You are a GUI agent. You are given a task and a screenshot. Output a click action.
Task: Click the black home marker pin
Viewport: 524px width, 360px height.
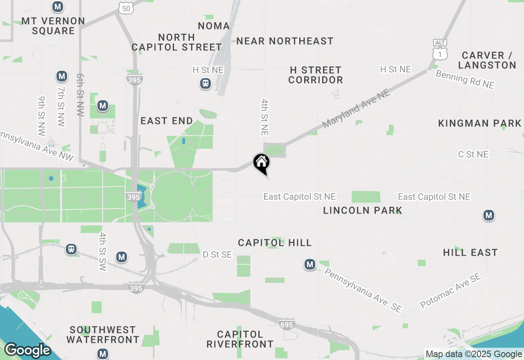pos(262,163)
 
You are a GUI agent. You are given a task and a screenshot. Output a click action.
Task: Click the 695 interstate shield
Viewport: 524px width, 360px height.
pos(287,324)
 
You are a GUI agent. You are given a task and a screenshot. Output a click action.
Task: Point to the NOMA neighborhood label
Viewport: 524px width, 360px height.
pos(214,26)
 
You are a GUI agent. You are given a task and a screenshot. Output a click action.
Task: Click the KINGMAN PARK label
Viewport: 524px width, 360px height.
pos(480,123)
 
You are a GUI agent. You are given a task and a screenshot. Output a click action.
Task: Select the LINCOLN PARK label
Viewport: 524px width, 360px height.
pos(363,210)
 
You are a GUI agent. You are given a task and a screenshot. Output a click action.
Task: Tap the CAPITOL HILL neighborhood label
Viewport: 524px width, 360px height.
pos(275,243)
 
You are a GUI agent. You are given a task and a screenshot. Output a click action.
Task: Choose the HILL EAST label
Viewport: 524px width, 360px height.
pos(470,252)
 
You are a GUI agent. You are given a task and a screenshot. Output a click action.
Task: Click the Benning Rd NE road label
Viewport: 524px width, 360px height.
pos(465,79)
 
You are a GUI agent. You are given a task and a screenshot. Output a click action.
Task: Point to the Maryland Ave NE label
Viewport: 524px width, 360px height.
pos(356,109)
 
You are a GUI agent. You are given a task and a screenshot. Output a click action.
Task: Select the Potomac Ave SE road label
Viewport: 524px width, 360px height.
pos(450,291)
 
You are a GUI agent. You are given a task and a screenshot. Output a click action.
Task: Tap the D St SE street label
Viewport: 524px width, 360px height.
pos(217,255)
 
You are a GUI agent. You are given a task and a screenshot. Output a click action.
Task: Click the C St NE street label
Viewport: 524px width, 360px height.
pos(473,154)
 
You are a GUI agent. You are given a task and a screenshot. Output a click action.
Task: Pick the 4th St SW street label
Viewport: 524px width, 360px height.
pos(103,251)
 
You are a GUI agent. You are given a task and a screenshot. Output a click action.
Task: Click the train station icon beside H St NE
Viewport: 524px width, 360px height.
pos(205,84)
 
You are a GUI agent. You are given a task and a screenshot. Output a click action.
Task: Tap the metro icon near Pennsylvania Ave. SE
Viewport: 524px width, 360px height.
pos(310,265)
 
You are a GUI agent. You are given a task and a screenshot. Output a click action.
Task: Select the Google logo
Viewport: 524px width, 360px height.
pos(27,350)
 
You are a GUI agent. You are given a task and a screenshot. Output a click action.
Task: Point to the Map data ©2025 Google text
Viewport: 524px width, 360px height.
pos(474,354)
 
